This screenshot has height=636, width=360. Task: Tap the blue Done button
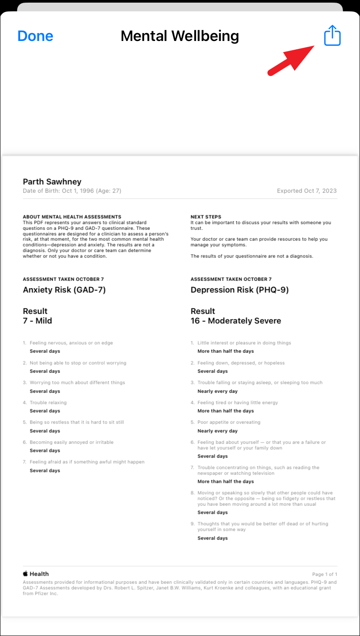[x=35, y=36]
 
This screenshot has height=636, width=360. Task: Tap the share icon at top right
[x=332, y=35]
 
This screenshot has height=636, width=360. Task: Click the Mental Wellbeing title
[x=180, y=36]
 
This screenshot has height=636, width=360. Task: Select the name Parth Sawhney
[x=52, y=182]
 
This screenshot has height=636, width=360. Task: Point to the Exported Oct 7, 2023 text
[x=306, y=191]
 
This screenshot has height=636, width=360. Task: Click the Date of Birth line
[x=72, y=191]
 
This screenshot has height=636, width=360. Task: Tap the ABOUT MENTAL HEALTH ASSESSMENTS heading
[x=72, y=217]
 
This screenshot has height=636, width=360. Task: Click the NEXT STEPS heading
[x=206, y=217]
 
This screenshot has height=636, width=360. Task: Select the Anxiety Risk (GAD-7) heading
[x=64, y=290]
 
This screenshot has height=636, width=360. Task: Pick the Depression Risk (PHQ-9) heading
[x=239, y=290]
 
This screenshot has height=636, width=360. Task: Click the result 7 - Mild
[x=37, y=321]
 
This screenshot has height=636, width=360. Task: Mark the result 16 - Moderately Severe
[x=236, y=321]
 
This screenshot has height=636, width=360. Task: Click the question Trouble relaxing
[x=48, y=402]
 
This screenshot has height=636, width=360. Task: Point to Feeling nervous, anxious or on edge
[x=71, y=343]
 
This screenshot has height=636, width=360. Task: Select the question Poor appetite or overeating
[x=228, y=422]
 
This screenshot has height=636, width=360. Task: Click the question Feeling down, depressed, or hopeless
[x=241, y=363]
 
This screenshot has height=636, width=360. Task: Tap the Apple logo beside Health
[x=25, y=574]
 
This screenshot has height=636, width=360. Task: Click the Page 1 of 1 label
[x=324, y=574]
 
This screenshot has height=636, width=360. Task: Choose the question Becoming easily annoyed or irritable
[x=71, y=442]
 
